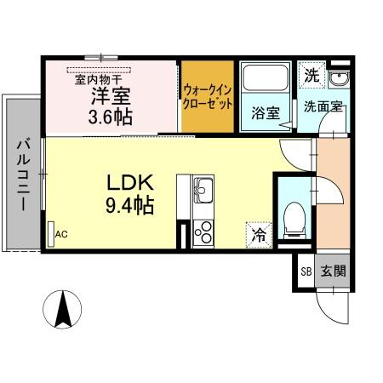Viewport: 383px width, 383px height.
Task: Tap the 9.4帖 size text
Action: point(129,206)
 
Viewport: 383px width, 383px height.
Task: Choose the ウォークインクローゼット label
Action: point(207,98)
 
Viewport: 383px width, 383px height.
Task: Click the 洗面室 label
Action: point(323,106)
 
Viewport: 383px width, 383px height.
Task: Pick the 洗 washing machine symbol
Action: point(312,75)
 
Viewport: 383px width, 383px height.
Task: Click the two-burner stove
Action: point(204,231)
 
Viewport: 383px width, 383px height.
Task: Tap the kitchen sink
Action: point(204,189)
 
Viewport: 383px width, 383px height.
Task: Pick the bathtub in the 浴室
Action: point(265,82)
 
